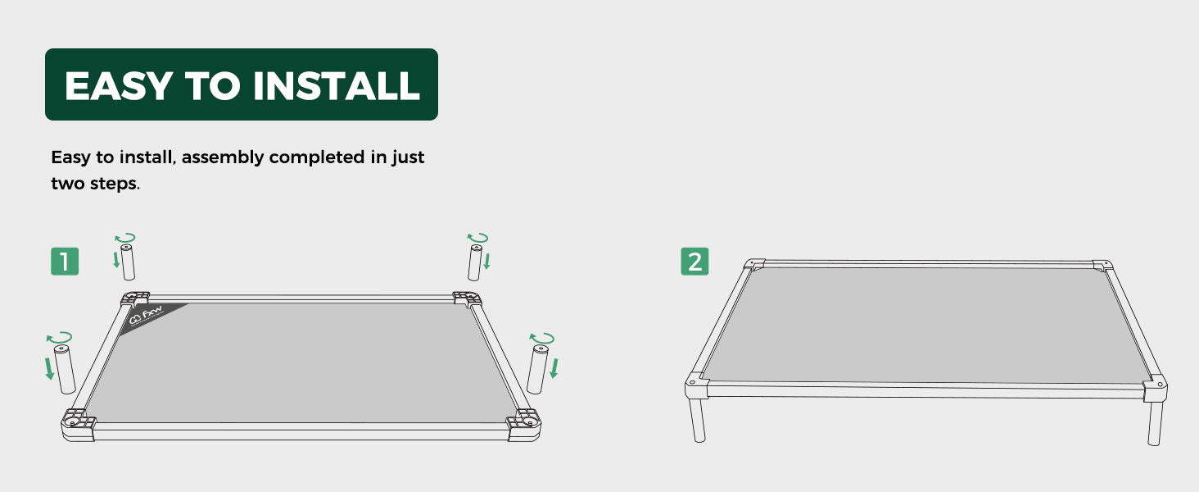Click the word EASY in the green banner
(x=119, y=85)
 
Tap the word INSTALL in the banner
(x=336, y=85)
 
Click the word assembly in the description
(x=223, y=157)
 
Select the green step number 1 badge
(x=65, y=262)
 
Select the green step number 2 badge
(x=695, y=262)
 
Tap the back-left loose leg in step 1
(x=128, y=262)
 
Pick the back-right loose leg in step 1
(x=475, y=262)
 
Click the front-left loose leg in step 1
(x=64, y=369)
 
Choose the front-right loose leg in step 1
(x=537, y=370)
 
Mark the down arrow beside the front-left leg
(x=49, y=369)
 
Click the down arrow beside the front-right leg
(x=554, y=368)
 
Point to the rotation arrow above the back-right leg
(x=477, y=238)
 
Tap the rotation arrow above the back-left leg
(x=125, y=238)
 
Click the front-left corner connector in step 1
(x=78, y=425)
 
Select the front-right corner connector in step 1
(x=523, y=426)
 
